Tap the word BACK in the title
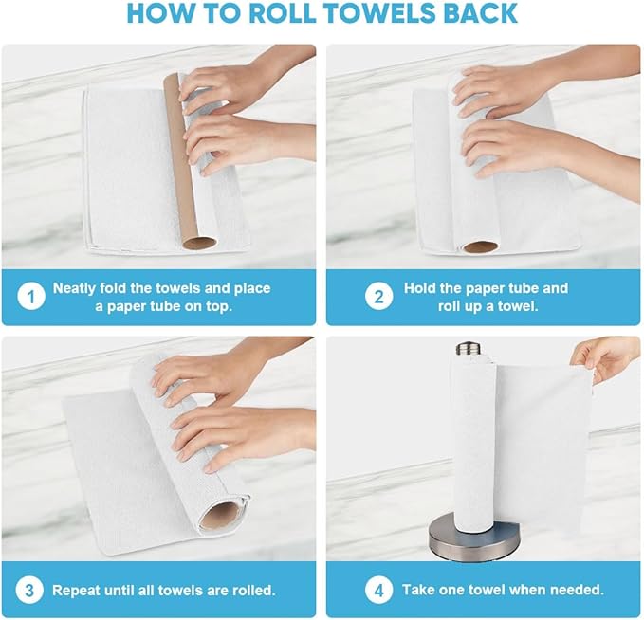pyautogui.click(x=482, y=13)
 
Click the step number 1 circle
pyautogui.click(x=31, y=297)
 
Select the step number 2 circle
pyautogui.click(x=379, y=297)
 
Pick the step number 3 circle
pyautogui.click(x=31, y=590)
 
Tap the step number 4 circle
pyautogui.click(x=379, y=590)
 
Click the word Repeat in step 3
pyautogui.click(x=77, y=590)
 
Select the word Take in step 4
pyautogui.click(x=419, y=590)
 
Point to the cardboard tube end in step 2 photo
pyautogui.click(x=480, y=246)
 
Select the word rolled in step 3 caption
pyautogui.click(x=250, y=590)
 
